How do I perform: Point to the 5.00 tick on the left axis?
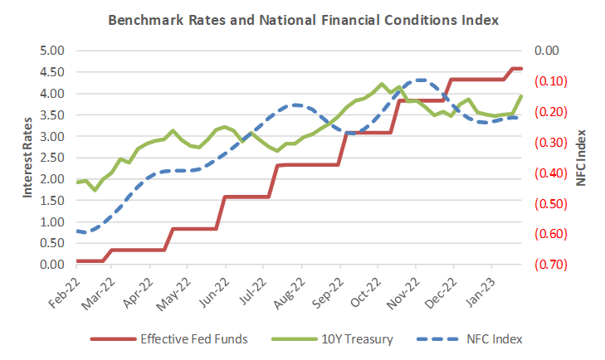pyautogui.click(x=52, y=51)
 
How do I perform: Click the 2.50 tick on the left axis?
pyautogui.click(x=52, y=158)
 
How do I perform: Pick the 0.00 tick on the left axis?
pyautogui.click(x=52, y=265)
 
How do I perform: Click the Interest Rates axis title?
pyautogui.click(x=27, y=158)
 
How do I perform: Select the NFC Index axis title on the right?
pyautogui.click(x=583, y=158)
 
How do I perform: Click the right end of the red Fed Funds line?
pyautogui.click(x=521, y=68)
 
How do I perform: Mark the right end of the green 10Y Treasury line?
pyautogui.click(x=521, y=96)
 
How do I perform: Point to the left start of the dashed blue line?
pyautogui.click(x=76, y=231)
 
